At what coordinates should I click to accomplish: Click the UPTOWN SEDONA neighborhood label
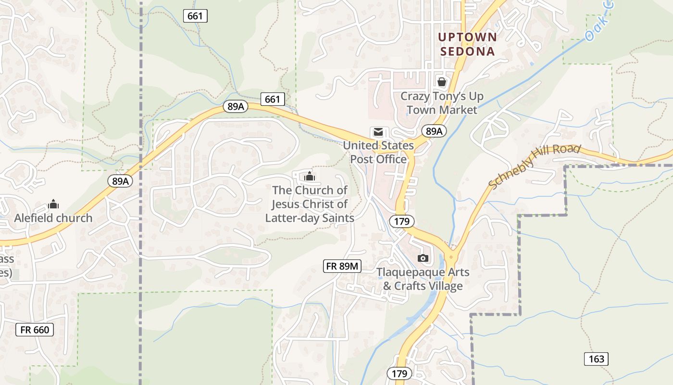pyautogui.click(x=466, y=44)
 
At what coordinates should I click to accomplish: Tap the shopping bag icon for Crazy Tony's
pyautogui.click(x=441, y=82)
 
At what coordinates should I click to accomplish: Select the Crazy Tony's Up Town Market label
pyautogui.click(x=442, y=103)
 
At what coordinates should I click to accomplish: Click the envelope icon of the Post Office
pyautogui.click(x=378, y=132)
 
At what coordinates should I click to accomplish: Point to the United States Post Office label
pyautogui.click(x=378, y=152)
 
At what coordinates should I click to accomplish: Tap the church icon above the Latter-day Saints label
pyautogui.click(x=310, y=176)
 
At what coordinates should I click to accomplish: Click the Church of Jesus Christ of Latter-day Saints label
pyautogui.click(x=310, y=204)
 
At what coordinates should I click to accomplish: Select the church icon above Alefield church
pyautogui.click(x=53, y=205)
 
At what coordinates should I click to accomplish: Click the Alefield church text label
pyautogui.click(x=53, y=218)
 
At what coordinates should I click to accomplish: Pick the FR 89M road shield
pyautogui.click(x=342, y=266)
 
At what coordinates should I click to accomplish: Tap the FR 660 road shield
pyautogui.click(x=35, y=330)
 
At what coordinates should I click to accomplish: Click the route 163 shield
pyautogui.click(x=596, y=359)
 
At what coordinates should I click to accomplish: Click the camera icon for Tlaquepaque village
pyautogui.click(x=423, y=258)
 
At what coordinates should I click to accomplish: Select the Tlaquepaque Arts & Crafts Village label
pyautogui.click(x=423, y=279)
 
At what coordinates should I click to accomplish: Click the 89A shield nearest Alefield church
pyautogui.click(x=120, y=181)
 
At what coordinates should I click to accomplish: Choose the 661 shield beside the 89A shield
pyautogui.click(x=272, y=99)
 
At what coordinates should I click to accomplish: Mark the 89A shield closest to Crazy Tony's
pyautogui.click(x=434, y=131)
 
